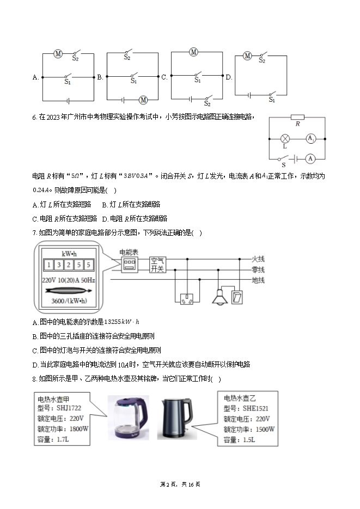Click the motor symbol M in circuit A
[x=58, y=53]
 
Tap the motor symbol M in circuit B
[x=144, y=100]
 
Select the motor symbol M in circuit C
[x=193, y=52]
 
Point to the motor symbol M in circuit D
[x=247, y=56]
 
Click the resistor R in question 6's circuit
[x=297, y=117]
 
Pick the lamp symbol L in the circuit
[x=284, y=139]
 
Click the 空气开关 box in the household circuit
[x=157, y=265]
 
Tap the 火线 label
[x=258, y=259]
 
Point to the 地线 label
[x=258, y=280]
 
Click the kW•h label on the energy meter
[x=69, y=254]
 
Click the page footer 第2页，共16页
[x=180, y=484]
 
